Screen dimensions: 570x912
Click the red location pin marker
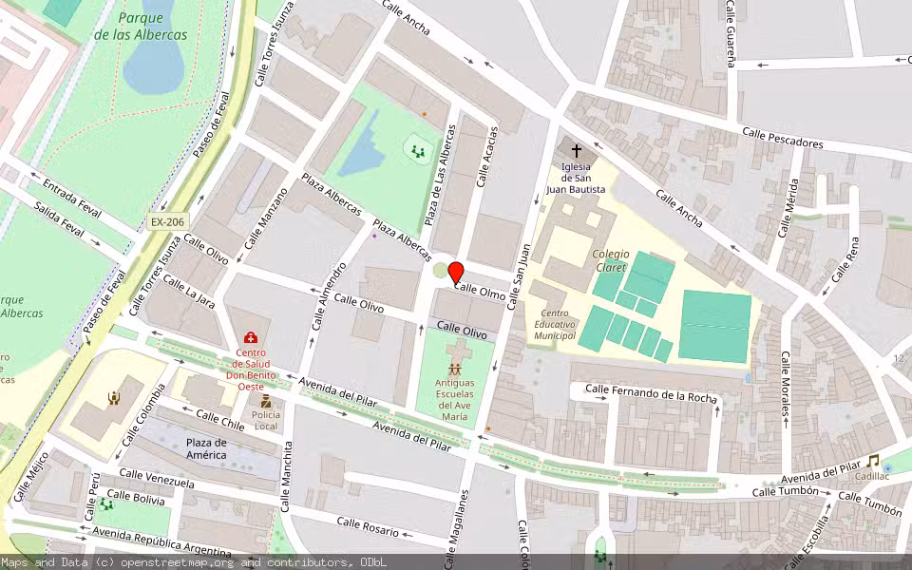pos(456,272)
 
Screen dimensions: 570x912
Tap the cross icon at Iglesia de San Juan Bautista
pos(576,150)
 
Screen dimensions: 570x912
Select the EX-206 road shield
pos(168,222)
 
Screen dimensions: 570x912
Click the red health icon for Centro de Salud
pos(251,337)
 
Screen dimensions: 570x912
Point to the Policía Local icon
pos(265,402)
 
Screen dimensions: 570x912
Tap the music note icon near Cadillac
pos(872,462)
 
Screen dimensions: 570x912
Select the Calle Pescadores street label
pos(783,139)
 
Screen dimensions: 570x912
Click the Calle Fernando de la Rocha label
pos(651,392)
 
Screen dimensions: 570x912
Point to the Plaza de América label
pos(206,448)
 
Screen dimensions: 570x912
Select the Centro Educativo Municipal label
pos(556,325)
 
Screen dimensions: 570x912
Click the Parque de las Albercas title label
pos(141,26)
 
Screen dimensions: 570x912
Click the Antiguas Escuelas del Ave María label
pos(455,399)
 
